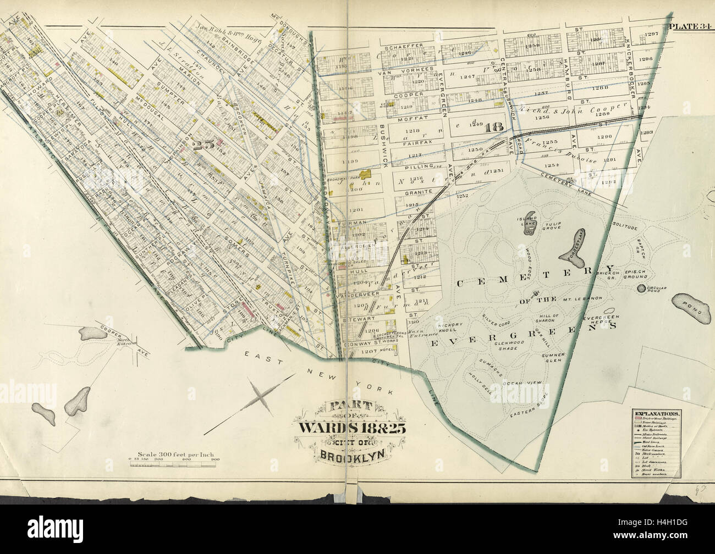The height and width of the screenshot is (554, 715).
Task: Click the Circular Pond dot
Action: [x=641, y=288]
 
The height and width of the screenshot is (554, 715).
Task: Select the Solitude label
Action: [x=624, y=226]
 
